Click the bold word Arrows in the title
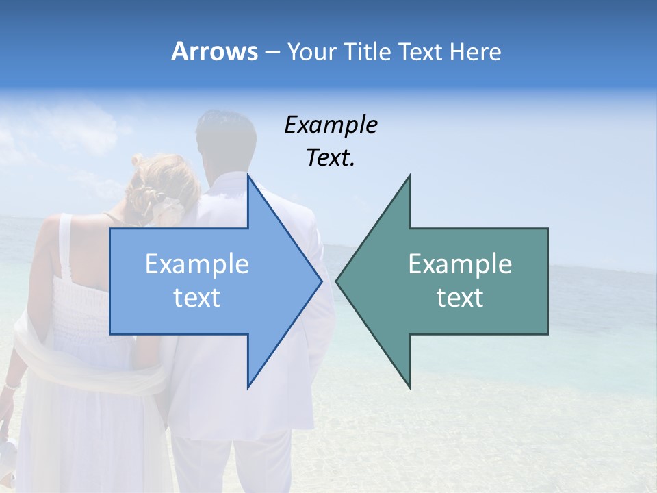(x=214, y=52)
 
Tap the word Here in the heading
(x=476, y=52)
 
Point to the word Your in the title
(x=312, y=52)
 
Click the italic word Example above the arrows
(x=331, y=125)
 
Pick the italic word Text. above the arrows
(x=331, y=158)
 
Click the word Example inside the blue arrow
(x=197, y=264)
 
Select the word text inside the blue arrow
(x=197, y=298)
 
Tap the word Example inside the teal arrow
(x=460, y=264)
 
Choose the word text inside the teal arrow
(x=460, y=298)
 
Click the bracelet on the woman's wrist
(x=10, y=387)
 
